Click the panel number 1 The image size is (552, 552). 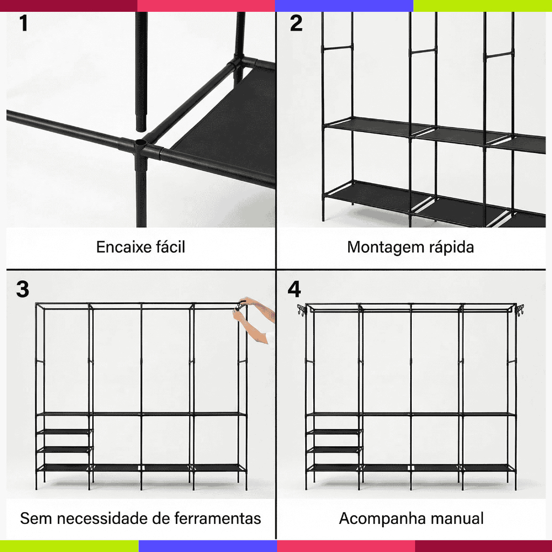pos(24,23)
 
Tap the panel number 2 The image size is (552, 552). pos(296,23)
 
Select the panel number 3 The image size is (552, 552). pos(23,289)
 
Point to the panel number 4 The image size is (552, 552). pos(294,289)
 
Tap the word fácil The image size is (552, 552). pos(170,246)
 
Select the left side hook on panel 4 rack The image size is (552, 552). pos(302,310)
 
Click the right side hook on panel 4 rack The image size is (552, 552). pos(520,310)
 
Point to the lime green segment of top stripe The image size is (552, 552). pos(482,5)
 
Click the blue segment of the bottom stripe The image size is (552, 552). pos(208,546)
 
